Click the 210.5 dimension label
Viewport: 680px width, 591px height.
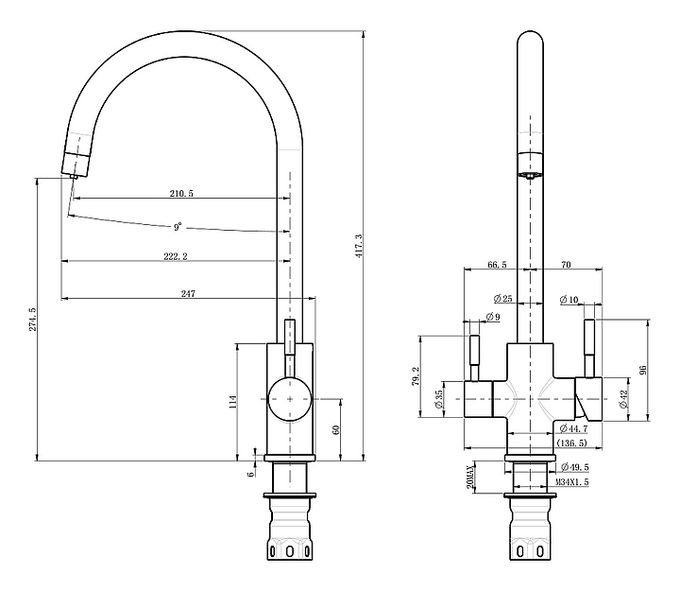coord(181,193)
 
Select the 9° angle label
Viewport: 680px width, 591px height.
coord(178,227)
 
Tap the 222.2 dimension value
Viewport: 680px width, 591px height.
coord(176,256)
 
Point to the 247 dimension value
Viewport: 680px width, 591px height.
coord(188,293)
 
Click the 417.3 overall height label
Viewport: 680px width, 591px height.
coord(359,246)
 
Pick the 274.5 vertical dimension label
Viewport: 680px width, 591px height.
coord(32,320)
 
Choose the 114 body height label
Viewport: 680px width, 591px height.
coord(233,402)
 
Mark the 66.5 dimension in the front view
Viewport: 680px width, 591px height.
coord(497,265)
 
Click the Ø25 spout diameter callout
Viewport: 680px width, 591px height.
coord(503,298)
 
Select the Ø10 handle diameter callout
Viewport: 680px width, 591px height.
coord(569,299)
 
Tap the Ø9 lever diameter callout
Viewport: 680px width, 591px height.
coord(493,317)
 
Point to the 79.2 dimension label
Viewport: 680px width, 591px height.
coord(416,376)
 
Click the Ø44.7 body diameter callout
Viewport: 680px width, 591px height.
coord(574,428)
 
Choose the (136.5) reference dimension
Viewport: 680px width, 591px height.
coord(571,443)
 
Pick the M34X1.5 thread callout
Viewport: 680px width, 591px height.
coord(572,482)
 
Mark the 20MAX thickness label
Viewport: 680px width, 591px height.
coord(470,477)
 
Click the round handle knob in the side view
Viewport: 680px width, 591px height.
coord(290,399)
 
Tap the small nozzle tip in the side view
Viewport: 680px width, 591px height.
coord(74,176)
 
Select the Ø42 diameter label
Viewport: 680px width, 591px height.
coord(624,399)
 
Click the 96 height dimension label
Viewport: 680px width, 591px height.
coord(643,370)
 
